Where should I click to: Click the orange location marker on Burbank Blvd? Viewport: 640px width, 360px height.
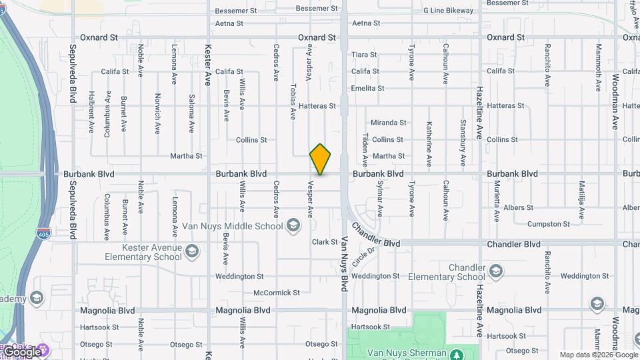coord(320,159)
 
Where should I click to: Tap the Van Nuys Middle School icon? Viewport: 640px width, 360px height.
coord(293,226)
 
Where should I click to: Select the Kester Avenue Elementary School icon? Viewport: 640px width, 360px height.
coord(192,251)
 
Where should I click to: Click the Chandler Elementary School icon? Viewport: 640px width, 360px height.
coord(495,271)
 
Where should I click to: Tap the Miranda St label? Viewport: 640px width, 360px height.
coord(389,123)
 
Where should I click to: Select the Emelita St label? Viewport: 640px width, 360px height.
coord(368,88)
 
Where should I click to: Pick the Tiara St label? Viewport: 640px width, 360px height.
coord(364,55)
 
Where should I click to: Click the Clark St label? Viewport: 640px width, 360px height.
coord(325,242)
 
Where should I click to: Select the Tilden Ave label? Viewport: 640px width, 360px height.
coord(365,149)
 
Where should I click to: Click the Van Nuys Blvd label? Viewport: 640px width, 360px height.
coord(345,264)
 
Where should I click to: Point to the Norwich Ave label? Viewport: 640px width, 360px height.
coord(158,115)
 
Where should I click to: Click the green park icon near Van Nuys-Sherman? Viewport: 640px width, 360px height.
coord(457,353)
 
